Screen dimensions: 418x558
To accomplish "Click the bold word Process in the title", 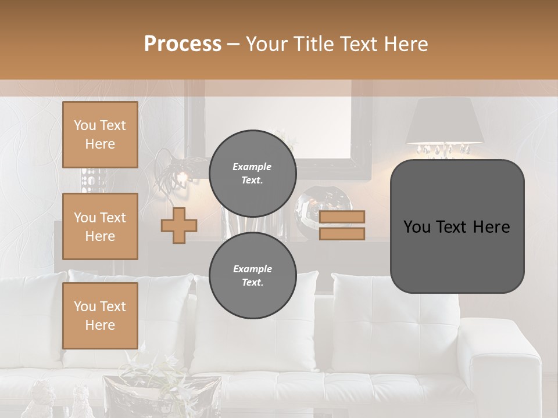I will tap(183, 44).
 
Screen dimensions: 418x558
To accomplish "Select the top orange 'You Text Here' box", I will tap(100, 135).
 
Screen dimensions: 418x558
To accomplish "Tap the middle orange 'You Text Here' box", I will tap(100, 226).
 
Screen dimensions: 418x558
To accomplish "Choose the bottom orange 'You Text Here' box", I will tap(100, 316).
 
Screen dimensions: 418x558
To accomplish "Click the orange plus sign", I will tap(179, 225).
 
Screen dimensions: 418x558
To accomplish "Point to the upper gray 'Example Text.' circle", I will tap(252, 173).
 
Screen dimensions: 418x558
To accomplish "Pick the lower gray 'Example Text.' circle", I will tap(252, 275).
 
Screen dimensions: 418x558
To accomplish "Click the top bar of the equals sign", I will tap(342, 217).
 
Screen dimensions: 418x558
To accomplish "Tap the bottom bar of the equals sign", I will tap(342, 234).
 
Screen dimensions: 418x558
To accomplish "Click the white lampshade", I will tap(445, 121).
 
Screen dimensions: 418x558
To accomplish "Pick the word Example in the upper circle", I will tap(252, 167).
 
